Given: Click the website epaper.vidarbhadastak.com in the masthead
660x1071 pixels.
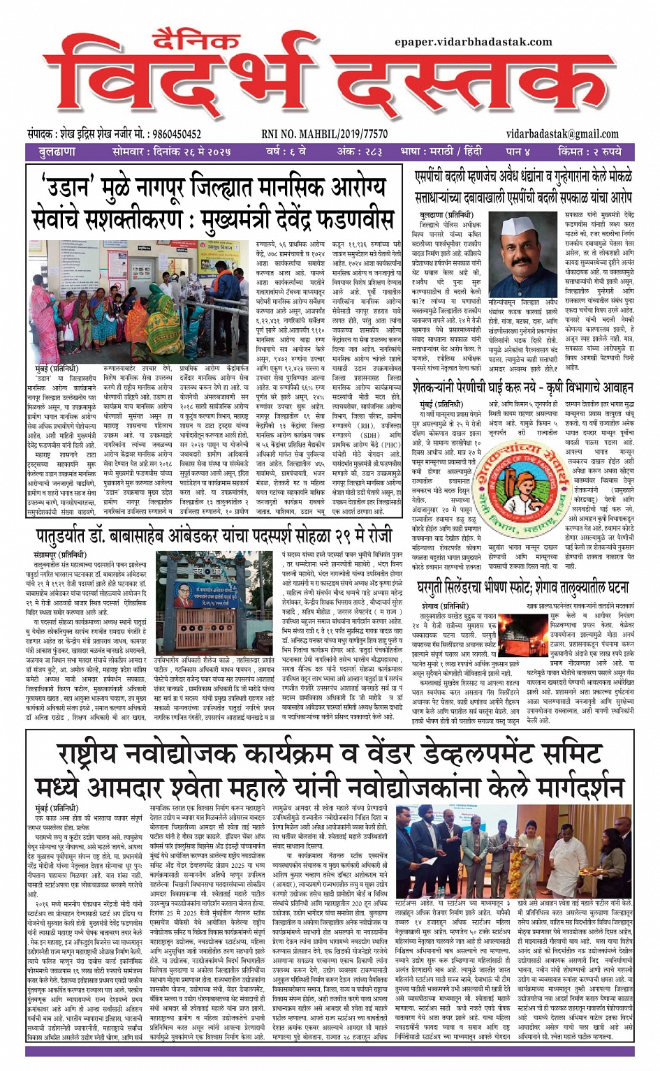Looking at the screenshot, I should click(x=474, y=42).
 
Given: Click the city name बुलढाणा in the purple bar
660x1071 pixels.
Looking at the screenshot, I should click(x=57, y=152).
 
